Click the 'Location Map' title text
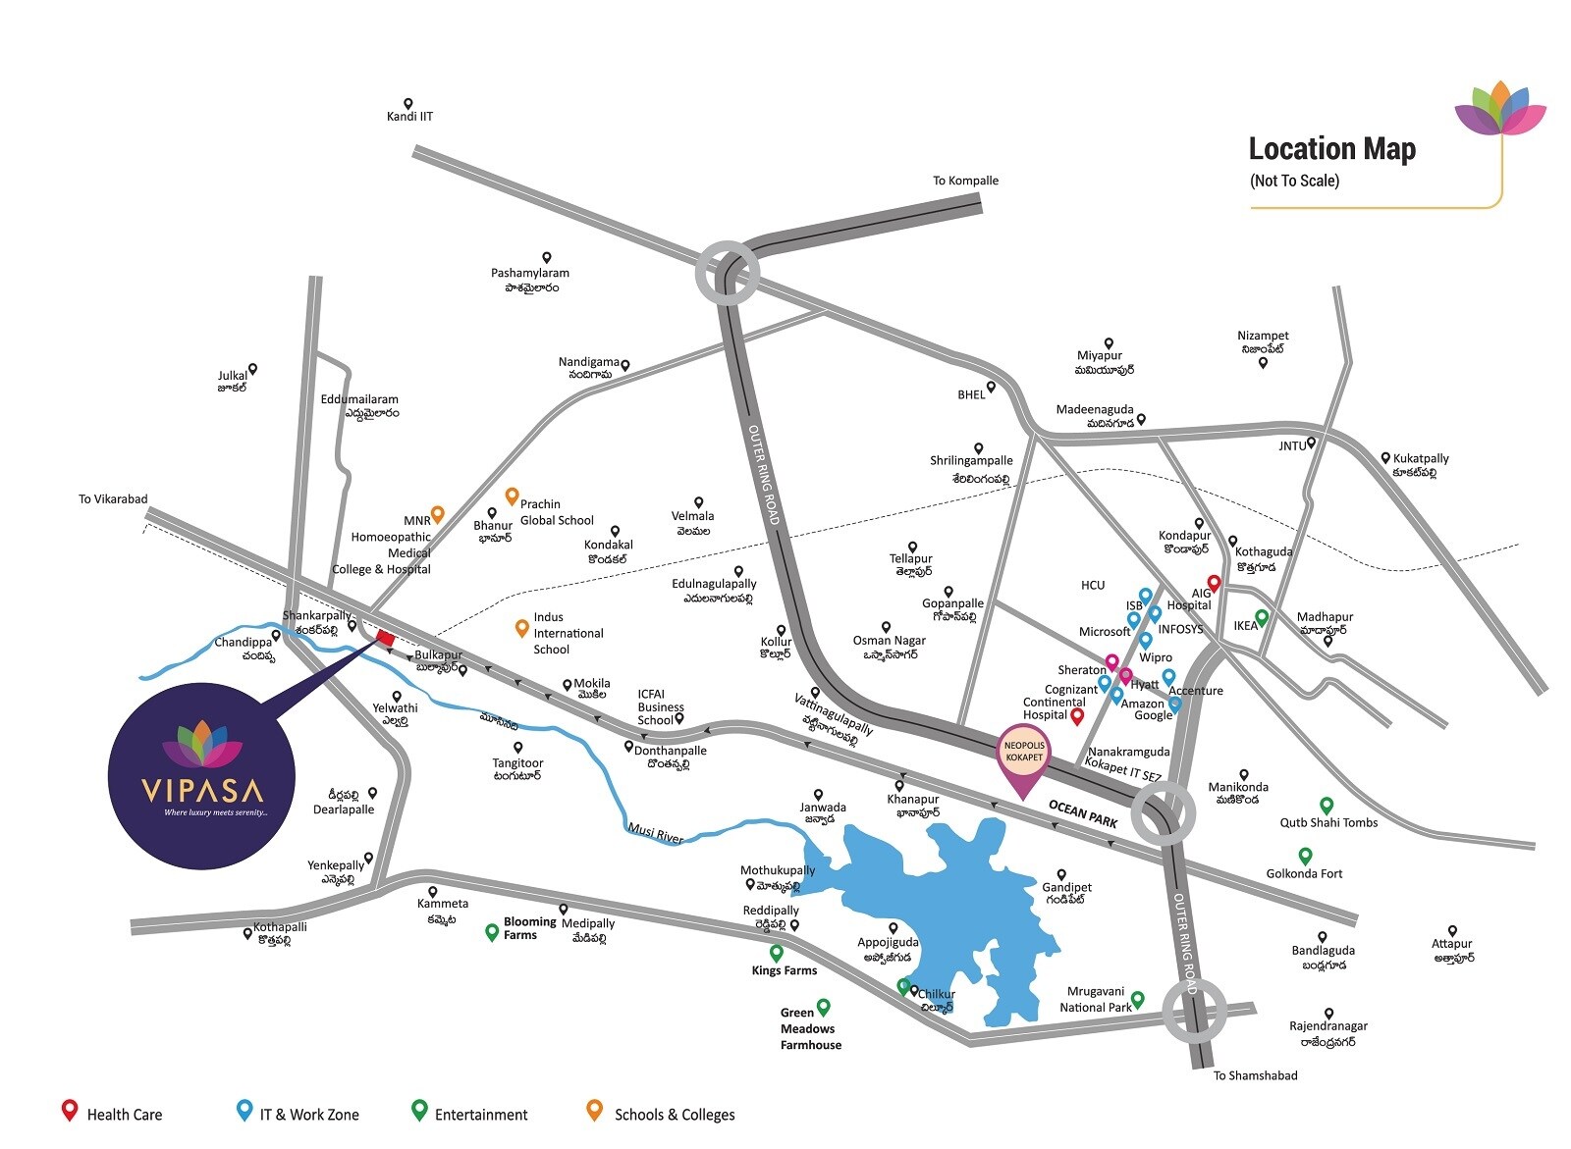pos(1331,149)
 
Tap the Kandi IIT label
pos(409,116)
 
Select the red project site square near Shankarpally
pos(385,639)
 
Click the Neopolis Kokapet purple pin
pos(1023,757)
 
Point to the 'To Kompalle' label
pos(964,181)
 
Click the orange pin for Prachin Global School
pos(511,496)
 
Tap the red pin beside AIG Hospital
pos(1214,584)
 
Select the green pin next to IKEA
pos(1263,617)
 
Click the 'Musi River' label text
pos(655,835)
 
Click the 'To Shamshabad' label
pos(1255,1075)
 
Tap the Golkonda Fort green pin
pos(1305,856)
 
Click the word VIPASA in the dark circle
pos(202,789)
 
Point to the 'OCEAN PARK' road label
pos(1082,813)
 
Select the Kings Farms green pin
pos(776,953)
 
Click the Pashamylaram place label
pos(530,274)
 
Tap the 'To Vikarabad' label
pos(113,498)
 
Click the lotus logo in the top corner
pos(1500,109)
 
